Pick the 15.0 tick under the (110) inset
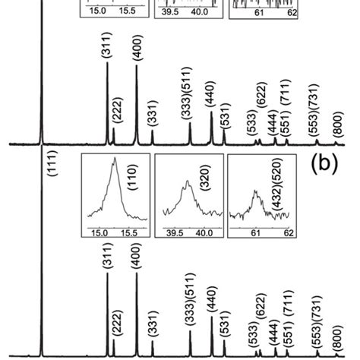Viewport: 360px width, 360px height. click(97, 234)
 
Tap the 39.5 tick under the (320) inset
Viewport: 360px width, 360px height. click(170, 234)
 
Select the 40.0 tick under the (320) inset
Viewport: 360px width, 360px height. click(202, 234)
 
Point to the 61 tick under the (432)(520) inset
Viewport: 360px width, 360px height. click(255, 234)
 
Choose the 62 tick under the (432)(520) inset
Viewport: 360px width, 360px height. click(289, 234)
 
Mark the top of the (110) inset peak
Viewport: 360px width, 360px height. click(114, 159)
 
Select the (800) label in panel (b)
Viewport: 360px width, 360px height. click(338, 332)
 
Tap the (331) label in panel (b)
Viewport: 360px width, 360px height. click(153, 325)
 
